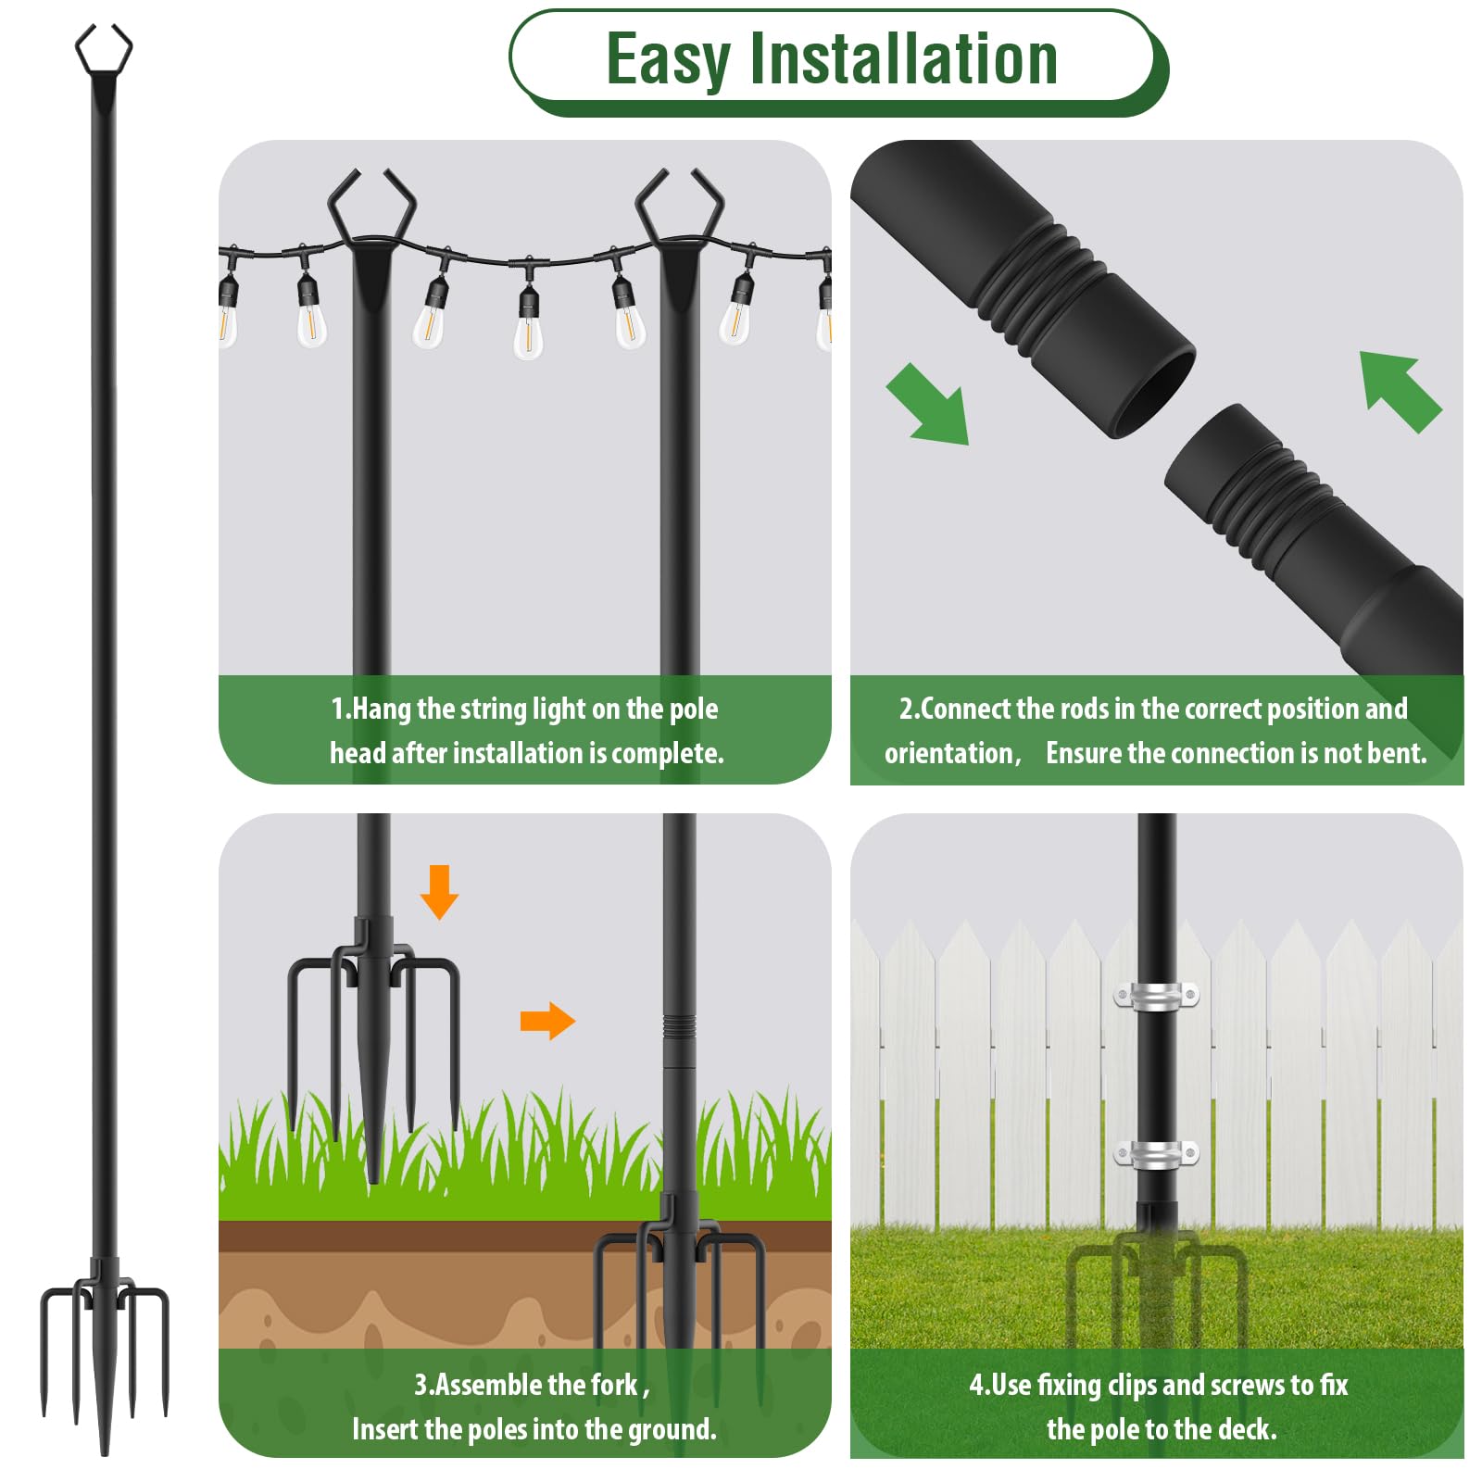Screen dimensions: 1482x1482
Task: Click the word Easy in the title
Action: [668, 59]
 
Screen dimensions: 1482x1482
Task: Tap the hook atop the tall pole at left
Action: [104, 51]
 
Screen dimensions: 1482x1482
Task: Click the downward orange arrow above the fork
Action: [439, 891]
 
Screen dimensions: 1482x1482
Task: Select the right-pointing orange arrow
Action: [547, 1021]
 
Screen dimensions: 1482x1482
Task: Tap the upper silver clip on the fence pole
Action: [1155, 996]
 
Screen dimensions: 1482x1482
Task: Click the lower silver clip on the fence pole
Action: [1155, 1154]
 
